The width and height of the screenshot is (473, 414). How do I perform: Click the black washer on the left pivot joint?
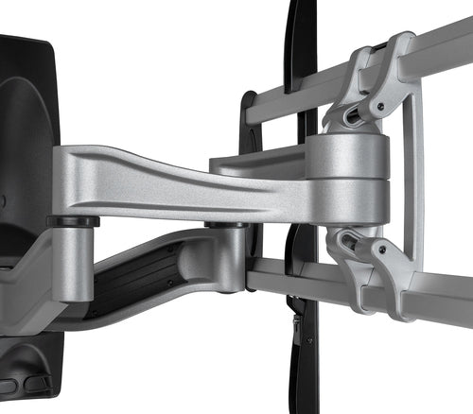[73, 222]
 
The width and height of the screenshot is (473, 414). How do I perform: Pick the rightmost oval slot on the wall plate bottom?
[39, 384]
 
